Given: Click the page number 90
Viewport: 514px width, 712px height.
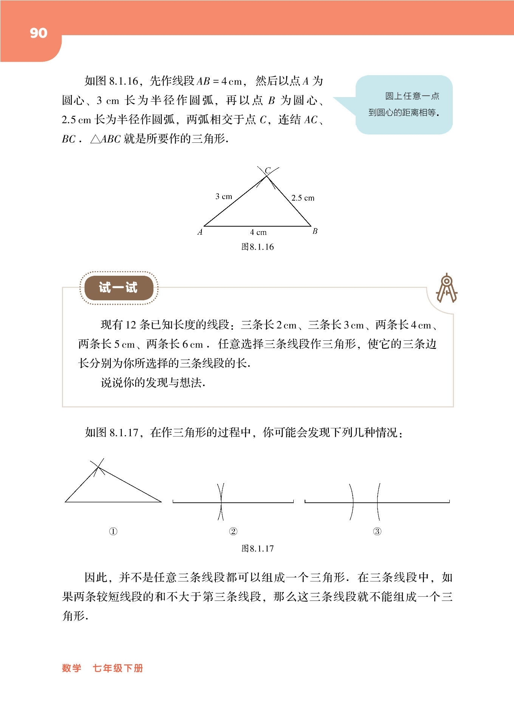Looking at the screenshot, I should click(x=39, y=33).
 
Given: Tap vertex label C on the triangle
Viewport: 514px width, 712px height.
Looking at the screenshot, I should click(x=268, y=171).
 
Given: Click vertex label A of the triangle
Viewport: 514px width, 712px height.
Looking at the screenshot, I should click(x=200, y=232).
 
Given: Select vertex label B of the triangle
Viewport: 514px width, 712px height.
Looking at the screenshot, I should click(x=315, y=231).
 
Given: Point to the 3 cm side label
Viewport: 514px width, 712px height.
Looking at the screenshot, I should click(x=224, y=196).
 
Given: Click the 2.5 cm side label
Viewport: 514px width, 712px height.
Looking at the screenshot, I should click(x=303, y=198).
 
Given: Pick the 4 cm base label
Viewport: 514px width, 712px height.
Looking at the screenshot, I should click(x=258, y=232).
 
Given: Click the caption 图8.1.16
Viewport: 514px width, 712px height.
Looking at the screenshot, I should click(x=257, y=247).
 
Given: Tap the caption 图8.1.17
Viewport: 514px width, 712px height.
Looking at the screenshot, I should click(x=257, y=548).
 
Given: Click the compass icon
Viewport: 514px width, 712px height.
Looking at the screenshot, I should click(x=447, y=289).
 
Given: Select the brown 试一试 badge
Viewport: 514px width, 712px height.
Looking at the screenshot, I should click(x=118, y=287).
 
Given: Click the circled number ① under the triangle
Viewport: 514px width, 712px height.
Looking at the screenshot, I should click(x=113, y=531).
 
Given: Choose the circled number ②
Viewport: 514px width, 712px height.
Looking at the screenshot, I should click(x=233, y=531).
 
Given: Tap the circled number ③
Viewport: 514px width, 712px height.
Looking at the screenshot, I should click(x=377, y=531).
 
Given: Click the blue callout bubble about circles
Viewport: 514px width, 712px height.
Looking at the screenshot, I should click(x=404, y=105).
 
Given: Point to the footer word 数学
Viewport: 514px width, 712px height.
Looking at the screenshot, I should click(x=72, y=668).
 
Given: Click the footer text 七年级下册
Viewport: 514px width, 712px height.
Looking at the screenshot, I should click(x=118, y=668).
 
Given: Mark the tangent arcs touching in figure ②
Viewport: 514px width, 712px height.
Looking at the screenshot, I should click(x=221, y=502).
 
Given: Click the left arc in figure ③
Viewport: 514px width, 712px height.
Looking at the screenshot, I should click(x=352, y=502).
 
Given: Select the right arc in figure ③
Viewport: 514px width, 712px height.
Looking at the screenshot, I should click(x=378, y=502).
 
